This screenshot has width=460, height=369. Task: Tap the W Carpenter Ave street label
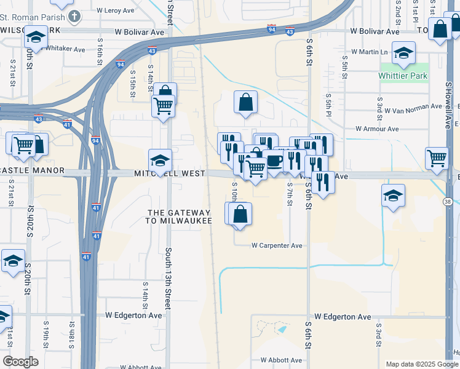coord(277,245)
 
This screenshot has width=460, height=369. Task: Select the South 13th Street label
coord(168,278)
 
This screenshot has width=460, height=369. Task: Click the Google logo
coord(21,362)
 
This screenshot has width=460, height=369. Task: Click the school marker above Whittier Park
coord(403,54)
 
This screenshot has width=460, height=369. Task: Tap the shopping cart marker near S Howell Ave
coord(437,157)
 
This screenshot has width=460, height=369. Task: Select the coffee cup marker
coord(274,161)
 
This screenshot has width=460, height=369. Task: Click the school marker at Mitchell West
coord(160,160)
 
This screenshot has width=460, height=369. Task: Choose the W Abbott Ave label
coord(281,360)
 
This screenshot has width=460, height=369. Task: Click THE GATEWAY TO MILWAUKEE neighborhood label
coord(179,216)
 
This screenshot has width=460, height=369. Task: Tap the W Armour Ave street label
coord(377,129)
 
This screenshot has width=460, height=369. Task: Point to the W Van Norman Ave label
coord(410,106)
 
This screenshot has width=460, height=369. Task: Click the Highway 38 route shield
coord(447,202)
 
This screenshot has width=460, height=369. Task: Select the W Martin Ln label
coord(370,52)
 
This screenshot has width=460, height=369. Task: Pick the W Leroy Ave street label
coord(116,10)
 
